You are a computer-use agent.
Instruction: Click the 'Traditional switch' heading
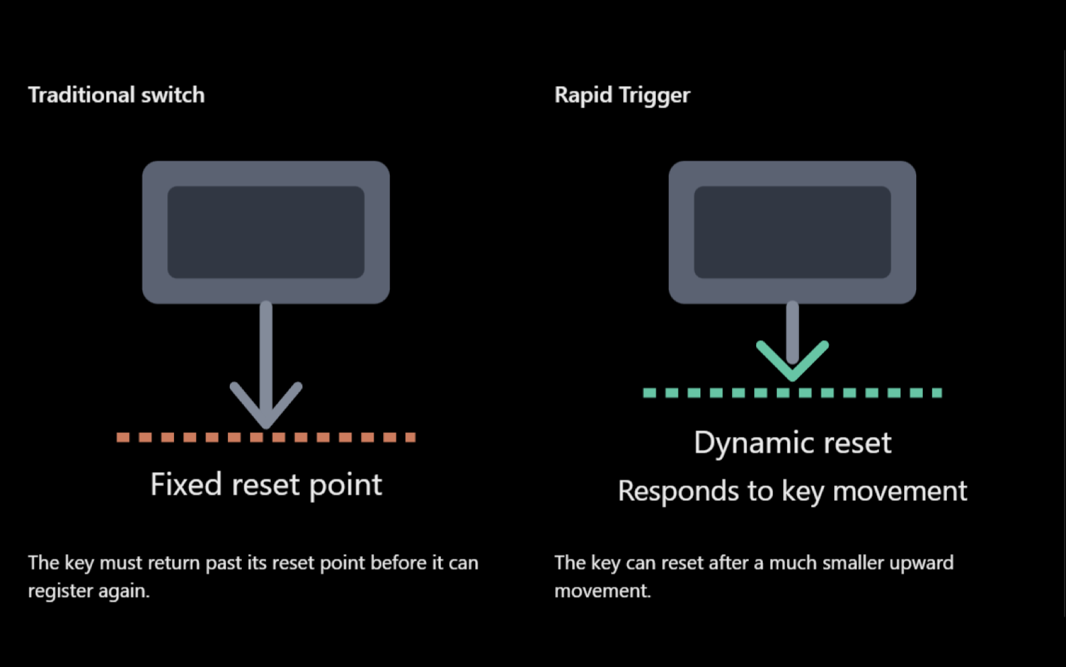tap(116, 95)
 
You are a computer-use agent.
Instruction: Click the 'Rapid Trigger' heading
tap(622, 95)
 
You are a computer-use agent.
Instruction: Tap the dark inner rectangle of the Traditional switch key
tap(266, 232)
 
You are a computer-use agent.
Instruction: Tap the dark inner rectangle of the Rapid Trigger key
tap(792, 232)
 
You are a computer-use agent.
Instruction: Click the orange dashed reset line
tap(266, 437)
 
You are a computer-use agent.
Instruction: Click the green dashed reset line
tap(792, 393)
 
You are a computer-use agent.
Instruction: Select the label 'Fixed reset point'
tap(266, 485)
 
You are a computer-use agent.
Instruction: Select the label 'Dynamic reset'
tap(792, 443)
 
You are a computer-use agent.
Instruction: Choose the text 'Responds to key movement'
tap(792, 491)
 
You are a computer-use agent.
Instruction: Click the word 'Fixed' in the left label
tap(186, 483)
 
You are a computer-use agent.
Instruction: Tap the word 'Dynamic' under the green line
tap(755, 444)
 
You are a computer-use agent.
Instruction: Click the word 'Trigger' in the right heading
tap(655, 95)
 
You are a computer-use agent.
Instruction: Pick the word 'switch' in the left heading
tap(173, 95)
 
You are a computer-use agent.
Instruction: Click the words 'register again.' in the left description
tap(89, 591)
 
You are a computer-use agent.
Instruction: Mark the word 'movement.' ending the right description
tap(602, 591)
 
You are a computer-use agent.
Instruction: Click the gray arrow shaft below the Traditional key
tap(266, 357)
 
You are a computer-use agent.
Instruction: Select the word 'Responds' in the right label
tap(679, 492)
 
